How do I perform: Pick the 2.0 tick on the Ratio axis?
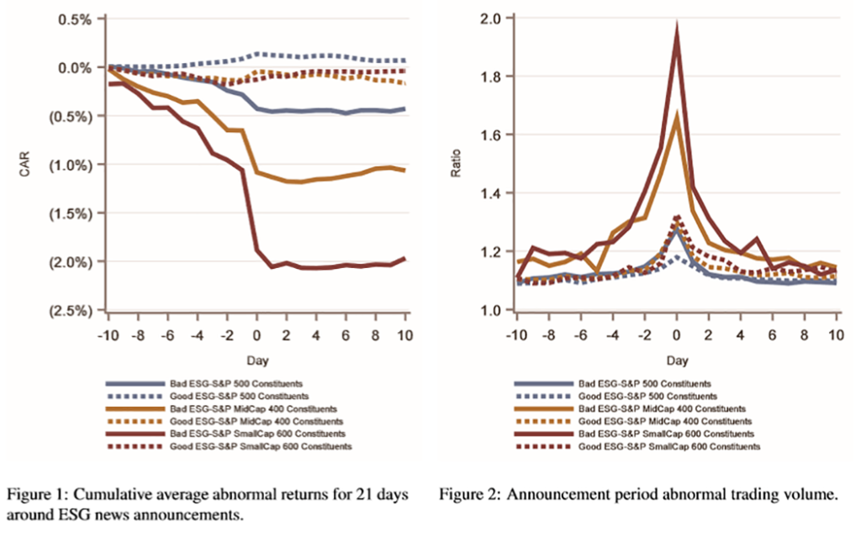tap(492, 18)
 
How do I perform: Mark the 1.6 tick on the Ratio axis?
tap(492, 135)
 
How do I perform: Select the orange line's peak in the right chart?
tap(677, 116)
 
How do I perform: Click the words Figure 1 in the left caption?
tap(37, 496)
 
